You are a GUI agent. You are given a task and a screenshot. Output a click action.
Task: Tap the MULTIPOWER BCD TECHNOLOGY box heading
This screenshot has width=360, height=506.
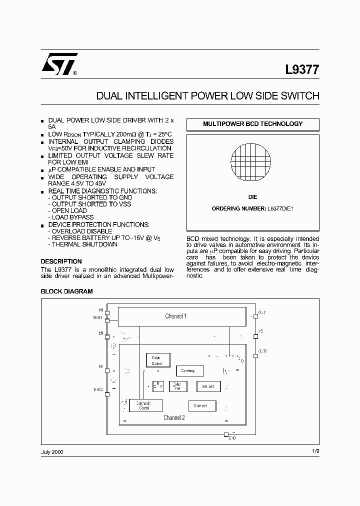pyautogui.click(x=252, y=124)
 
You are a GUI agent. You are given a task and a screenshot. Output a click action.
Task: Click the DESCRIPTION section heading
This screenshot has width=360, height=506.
pyautogui.click(x=61, y=261)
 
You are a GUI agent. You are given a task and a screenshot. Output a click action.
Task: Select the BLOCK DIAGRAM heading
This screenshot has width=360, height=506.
pyautogui.click(x=66, y=291)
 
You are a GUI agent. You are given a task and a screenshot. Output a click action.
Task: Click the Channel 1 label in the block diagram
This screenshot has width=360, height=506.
pyautogui.click(x=176, y=316)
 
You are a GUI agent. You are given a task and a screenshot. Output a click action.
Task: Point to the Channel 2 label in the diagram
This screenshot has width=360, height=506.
pyautogui.click(x=174, y=417)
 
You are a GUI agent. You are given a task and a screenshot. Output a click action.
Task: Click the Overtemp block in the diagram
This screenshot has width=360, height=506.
pyautogui.click(x=189, y=370)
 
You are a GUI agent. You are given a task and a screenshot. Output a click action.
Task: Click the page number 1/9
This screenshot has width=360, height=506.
pyautogui.click(x=314, y=451)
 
